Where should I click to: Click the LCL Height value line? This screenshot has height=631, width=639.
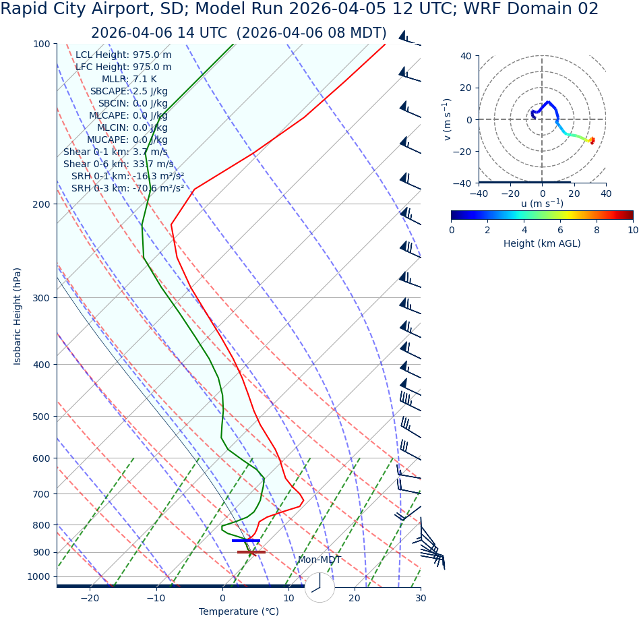point(123,55)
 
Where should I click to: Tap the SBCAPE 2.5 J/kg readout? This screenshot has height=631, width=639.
point(129,92)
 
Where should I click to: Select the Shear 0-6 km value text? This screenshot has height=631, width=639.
point(118,164)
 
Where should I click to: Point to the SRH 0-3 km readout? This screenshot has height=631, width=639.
point(127,189)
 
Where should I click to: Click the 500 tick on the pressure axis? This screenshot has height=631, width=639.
point(42,417)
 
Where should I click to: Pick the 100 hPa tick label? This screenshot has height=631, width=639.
point(42,44)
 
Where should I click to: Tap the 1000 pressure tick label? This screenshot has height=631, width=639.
point(39,577)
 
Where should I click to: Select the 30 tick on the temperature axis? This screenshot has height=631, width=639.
point(420,599)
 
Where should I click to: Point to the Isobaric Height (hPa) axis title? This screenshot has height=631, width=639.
point(18,316)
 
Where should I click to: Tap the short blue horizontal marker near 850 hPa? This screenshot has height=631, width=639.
point(245,541)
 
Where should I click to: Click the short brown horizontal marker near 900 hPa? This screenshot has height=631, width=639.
point(251,552)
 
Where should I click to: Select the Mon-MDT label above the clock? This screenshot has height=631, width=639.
point(319,560)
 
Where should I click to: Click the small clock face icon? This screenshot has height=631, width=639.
point(319,587)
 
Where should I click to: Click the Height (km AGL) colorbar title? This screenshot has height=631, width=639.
point(542,243)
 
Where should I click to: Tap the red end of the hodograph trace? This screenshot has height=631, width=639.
point(592,141)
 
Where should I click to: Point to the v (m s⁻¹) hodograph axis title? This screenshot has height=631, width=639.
point(446,119)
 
